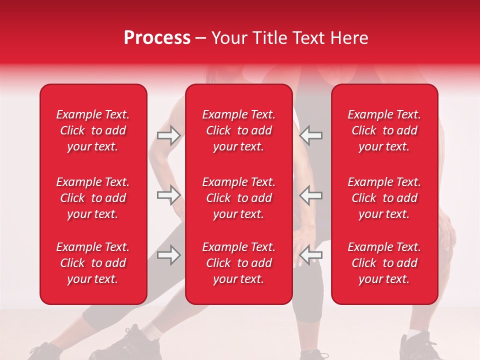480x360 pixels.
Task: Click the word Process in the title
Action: [157, 38]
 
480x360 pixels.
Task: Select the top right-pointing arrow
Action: [168, 135]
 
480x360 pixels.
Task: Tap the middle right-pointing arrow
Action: [168, 195]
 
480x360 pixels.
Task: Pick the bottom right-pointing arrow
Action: [168, 255]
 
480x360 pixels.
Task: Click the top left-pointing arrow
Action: [310, 135]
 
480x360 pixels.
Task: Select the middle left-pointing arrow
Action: [310, 195]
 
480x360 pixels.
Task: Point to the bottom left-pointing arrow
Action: [310, 255]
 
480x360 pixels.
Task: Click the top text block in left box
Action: [93, 130]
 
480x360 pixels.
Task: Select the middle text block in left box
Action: [93, 198]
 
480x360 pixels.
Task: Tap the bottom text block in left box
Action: [93, 263]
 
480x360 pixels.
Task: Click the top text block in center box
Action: [238, 130]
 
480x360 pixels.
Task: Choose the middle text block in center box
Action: [238, 198]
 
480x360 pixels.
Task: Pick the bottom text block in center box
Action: [238, 263]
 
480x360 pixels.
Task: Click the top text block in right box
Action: [384, 130]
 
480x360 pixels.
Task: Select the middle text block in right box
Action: [384, 198]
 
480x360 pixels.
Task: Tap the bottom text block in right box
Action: [384, 263]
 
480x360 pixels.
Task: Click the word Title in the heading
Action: [268, 38]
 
